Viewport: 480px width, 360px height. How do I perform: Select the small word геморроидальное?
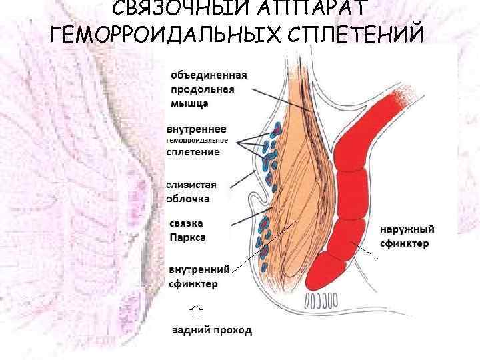[x=197, y=141]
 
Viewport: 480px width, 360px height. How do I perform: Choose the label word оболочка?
[x=189, y=198]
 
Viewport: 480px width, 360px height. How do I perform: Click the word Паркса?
[x=187, y=236]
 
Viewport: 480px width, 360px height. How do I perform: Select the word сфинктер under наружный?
[x=405, y=245]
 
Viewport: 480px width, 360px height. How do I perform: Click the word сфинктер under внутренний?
[x=193, y=284]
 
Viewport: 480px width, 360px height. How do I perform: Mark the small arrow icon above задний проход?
[x=195, y=309]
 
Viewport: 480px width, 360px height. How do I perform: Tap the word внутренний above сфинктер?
[x=199, y=269]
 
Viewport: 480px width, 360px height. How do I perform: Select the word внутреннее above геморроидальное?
[x=197, y=129]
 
